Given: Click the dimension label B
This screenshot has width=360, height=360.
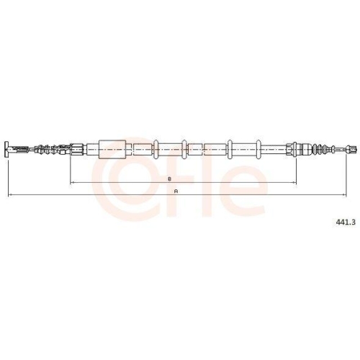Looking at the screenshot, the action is pyautogui.click(x=169, y=179).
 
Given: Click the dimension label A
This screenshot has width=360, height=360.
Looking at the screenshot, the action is pyautogui.click(x=176, y=192).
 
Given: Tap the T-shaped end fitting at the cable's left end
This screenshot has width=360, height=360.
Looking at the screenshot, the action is pyautogui.click(x=7, y=149).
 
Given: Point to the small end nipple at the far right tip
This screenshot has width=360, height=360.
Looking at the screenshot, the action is pyautogui.click(x=352, y=149).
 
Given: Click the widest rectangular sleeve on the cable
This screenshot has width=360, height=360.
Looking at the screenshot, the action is pyautogui.click(x=112, y=149).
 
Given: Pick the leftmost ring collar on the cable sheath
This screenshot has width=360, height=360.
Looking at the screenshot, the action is pyautogui.click(x=156, y=149).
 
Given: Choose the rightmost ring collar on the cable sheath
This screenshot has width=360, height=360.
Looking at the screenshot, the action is pyautogui.click(x=258, y=149).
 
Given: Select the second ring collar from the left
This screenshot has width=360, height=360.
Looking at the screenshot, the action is pyautogui.click(x=184, y=149).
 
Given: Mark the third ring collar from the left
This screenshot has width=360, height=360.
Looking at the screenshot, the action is pyautogui.click(x=230, y=149).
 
